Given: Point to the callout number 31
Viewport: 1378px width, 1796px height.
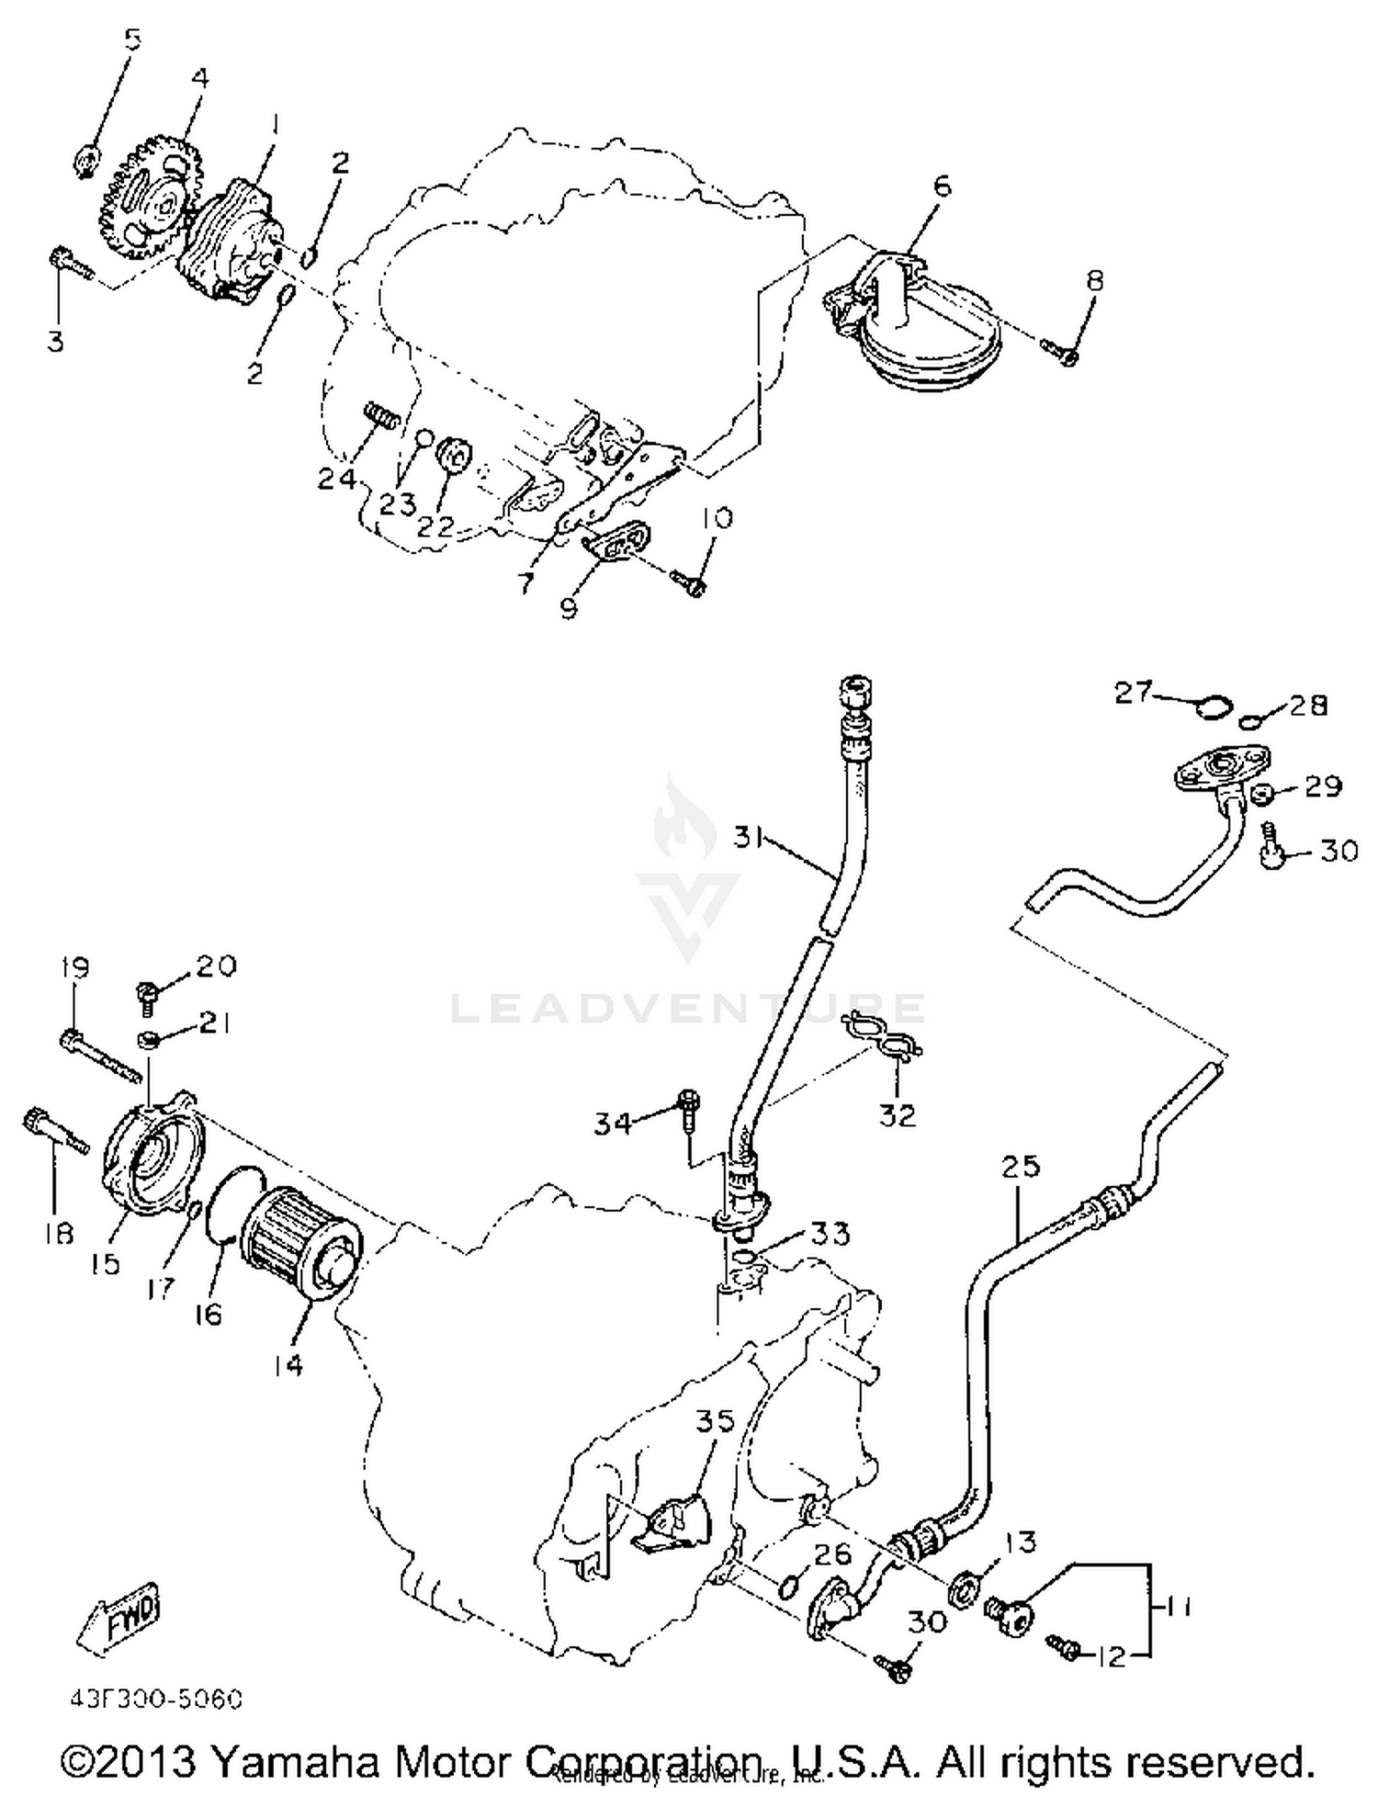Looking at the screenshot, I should click(x=753, y=838).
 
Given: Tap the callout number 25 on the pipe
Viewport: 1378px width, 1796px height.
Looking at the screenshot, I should click(x=1021, y=1166).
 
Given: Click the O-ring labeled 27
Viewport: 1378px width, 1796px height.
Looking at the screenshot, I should click(x=1212, y=706).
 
